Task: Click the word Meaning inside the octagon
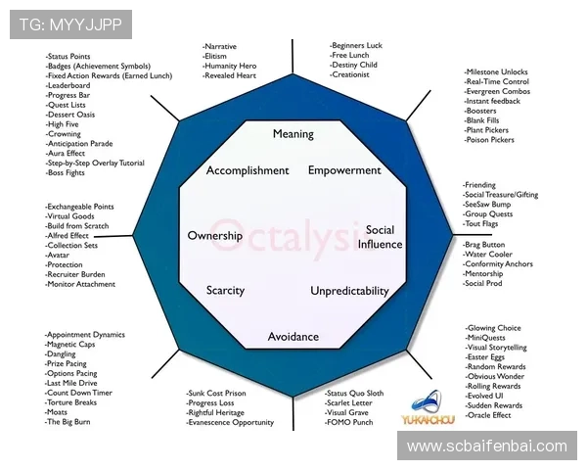pos(293,134)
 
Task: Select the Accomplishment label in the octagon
pos(248,170)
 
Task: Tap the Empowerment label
pos(344,170)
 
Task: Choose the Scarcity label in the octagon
pos(225,291)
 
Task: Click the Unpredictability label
pos(349,291)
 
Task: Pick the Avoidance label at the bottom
pos(293,337)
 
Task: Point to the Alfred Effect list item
pos(68,236)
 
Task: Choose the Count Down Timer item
pos(79,393)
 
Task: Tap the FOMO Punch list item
pos(350,422)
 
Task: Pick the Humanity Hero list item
pos(232,66)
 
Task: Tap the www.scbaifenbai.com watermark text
pos(486,446)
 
